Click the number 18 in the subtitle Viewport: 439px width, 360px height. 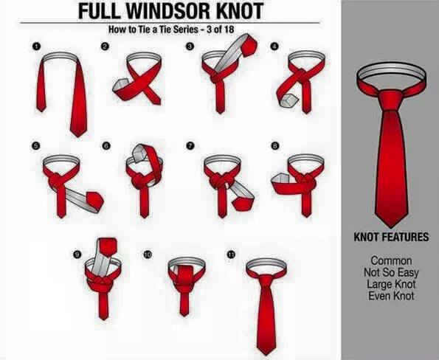point(229,29)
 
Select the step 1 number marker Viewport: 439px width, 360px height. point(36,46)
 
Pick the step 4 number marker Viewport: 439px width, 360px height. point(274,46)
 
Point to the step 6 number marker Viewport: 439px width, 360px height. point(106,145)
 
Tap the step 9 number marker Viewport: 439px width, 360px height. point(77,255)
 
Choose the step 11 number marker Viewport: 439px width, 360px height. point(231,255)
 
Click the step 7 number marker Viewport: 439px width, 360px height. point(190,145)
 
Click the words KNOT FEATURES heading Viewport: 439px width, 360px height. point(391,237)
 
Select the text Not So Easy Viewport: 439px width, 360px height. point(391,272)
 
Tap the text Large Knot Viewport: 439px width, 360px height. point(391,284)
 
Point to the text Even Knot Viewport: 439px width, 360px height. point(391,296)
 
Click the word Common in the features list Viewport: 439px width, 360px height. point(391,260)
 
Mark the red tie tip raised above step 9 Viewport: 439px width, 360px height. point(107,246)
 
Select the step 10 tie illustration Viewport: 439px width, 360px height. point(186,285)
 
